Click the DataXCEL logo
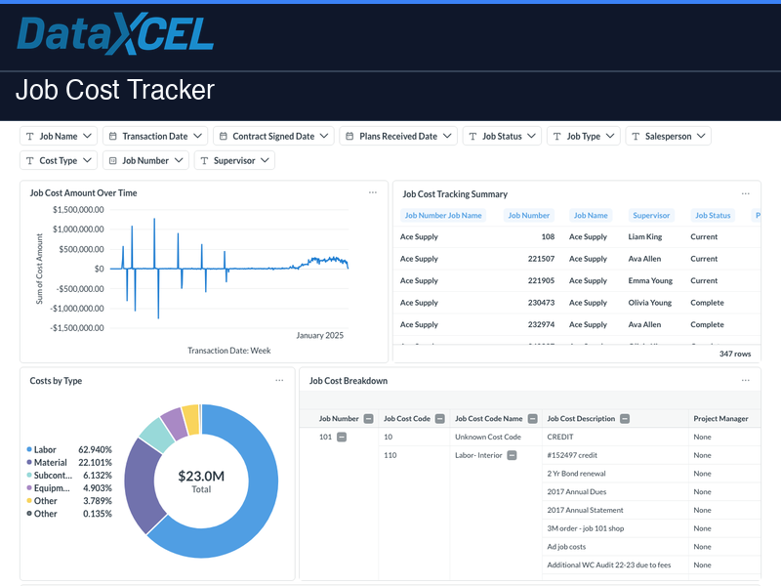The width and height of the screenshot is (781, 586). pyautogui.click(x=115, y=34)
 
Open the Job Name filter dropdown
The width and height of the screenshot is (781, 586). pyautogui.click(x=59, y=137)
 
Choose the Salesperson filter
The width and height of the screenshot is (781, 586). pyautogui.click(x=669, y=137)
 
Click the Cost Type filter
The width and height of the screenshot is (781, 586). pyautogui.click(x=59, y=160)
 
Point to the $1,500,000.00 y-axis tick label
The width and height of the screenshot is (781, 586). pyautogui.click(x=79, y=209)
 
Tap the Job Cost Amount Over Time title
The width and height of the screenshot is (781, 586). pyautogui.click(x=83, y=193)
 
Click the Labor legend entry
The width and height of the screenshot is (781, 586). pyautogui.click(x=45, y=450)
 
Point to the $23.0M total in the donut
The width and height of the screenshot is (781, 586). pyautogui.click(x=201, y=477)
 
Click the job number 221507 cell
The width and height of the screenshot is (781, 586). pyautogui.click(x=541, y=259)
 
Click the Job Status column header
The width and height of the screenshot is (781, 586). pyautogui.click(x=712, y=215)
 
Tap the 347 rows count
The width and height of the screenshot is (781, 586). pyautogui.click(x=735, y=354)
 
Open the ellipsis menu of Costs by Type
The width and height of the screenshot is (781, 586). pyautogui.click(x=279, y=381)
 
